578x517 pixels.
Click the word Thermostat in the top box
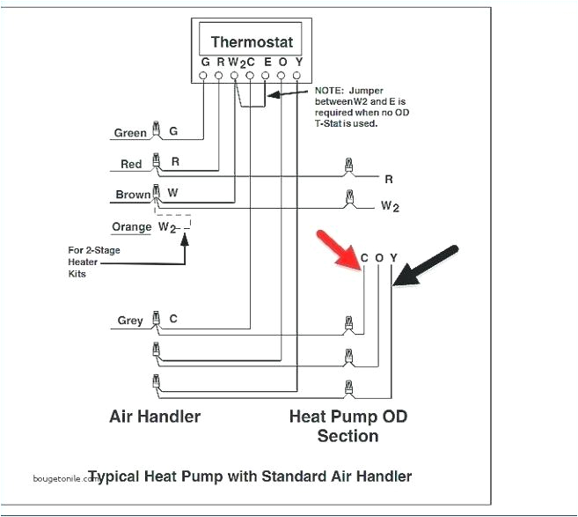[x=252, y=41]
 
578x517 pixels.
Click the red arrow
[x=338, y=249]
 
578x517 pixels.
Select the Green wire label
[x=130, y=134]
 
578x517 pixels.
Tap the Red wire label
[x=131, y=165]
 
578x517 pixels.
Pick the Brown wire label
[x=132, y=196]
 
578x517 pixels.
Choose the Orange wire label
[x=131, y=227]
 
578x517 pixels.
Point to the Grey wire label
[x=130, y=321]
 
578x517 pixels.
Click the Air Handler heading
[x=155, y=416]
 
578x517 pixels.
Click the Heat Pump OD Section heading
[x=348, y=425]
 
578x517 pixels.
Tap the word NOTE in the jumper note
[x=329, y=91]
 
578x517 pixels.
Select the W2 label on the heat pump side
[x=390, y=207]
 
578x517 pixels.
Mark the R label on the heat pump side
[x=388, y=180]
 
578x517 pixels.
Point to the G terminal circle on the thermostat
[x=204, y=76]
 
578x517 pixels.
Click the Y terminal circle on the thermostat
[x=298, y=76]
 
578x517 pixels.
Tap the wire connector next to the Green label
[x=156, y=130]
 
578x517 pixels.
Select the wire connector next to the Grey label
[x=156, y=319]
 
